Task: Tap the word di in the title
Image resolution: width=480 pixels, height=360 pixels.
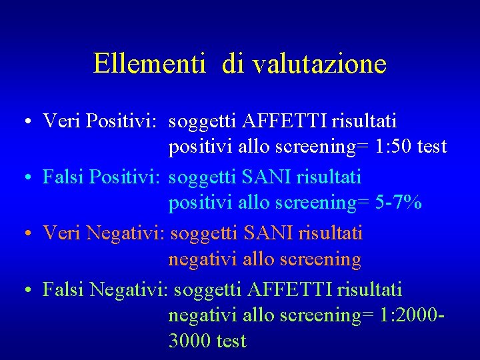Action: [x=233, y=64]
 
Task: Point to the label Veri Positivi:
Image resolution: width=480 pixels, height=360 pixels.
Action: [x=99, y=121]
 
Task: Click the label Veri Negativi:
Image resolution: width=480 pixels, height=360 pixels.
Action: [x=104, y=233]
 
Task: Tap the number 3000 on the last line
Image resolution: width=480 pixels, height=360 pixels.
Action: [x=190, y=341]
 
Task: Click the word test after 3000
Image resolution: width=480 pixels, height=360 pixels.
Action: [x=231, y=341]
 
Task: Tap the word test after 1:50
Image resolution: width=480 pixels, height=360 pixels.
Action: [x=432, y=147]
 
